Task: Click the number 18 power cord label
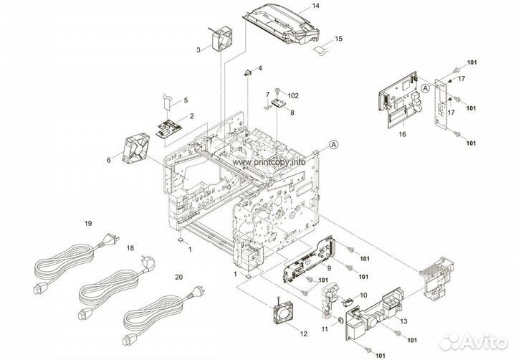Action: pyautogui.click(x=130, y=247)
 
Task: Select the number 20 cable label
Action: pyautogui.click(x=178, y=275)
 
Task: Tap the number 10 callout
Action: pyautogui.click(x=364, y=295)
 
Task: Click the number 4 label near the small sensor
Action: pyautogui.click(x=260, y=68)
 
